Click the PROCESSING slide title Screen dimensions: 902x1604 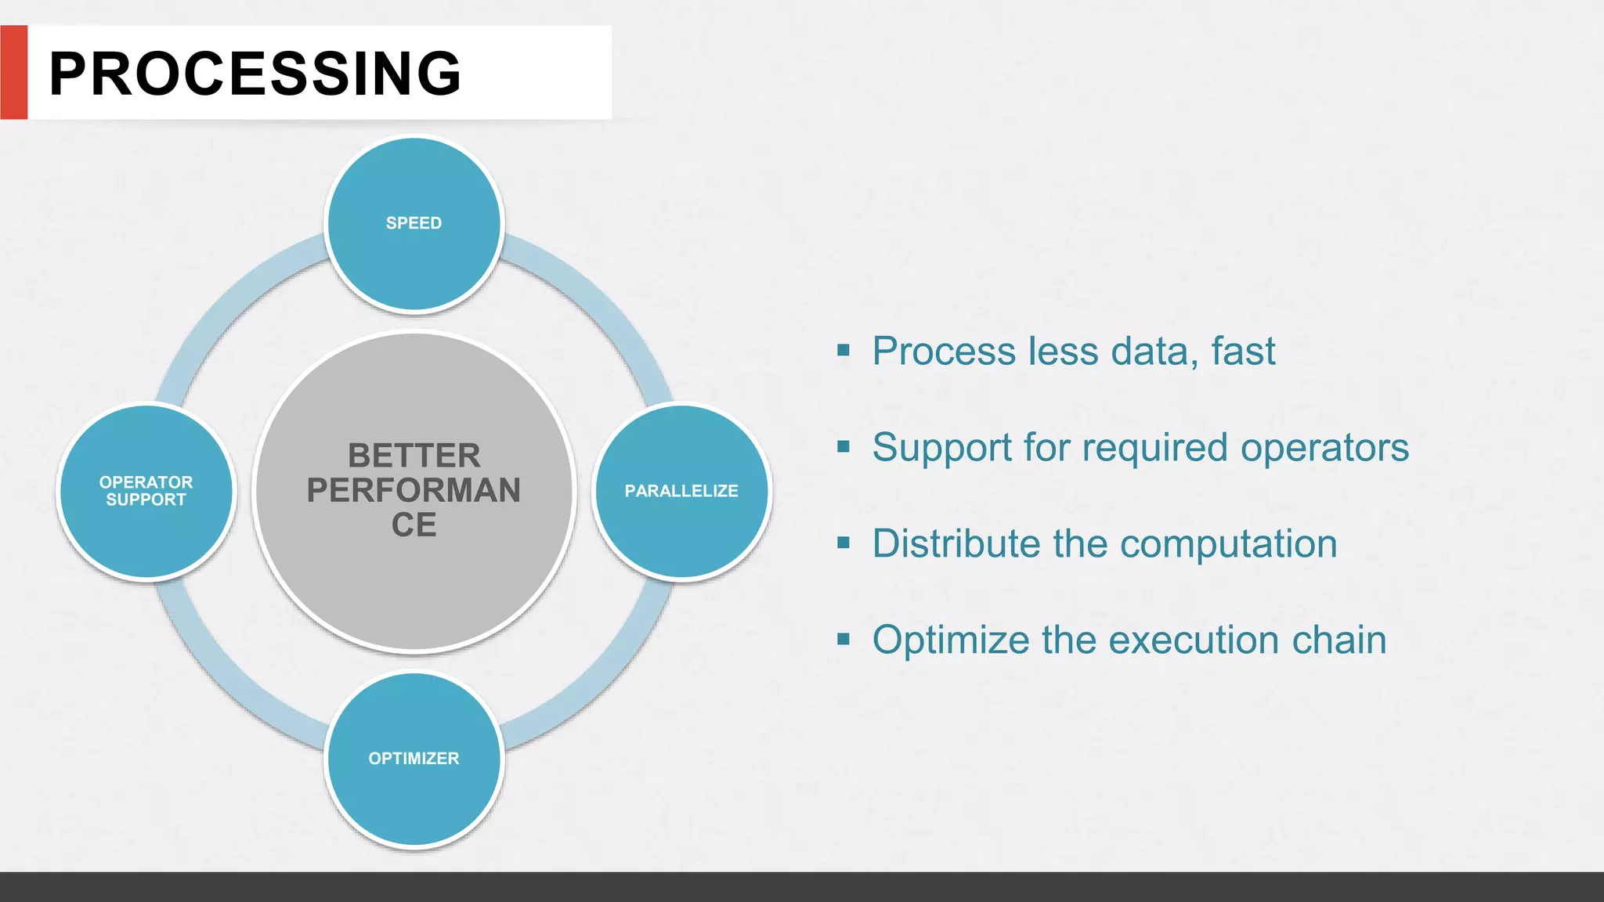255,74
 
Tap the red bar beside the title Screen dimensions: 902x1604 13,72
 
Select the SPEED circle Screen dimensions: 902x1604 414,224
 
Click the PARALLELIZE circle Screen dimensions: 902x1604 681,492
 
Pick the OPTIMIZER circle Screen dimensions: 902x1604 414,759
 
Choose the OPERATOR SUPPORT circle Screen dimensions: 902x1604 146,492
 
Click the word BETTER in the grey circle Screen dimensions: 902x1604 414,456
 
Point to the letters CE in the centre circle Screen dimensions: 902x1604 414,525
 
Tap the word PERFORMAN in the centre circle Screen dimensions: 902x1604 414,490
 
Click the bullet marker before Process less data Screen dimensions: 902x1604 844,350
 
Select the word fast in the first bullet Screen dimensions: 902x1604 1243,351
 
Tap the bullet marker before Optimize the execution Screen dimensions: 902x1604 844,639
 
